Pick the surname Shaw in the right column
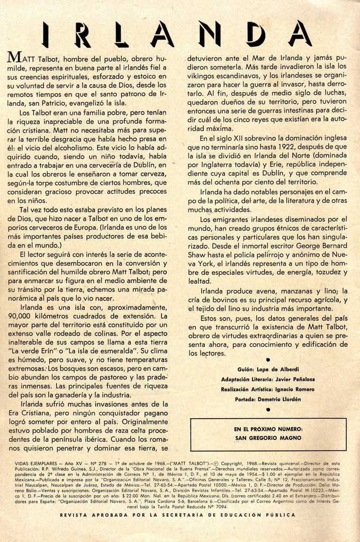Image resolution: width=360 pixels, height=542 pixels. (199, 255)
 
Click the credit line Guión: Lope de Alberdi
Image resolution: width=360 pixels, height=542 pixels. (267, 369)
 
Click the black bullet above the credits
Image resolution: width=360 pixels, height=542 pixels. (268, 359)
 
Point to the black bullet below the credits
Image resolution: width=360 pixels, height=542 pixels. (268, 409)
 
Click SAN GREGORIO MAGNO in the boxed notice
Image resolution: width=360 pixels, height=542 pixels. (268, 438)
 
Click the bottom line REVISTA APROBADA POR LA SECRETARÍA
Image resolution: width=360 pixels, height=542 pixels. (178, 514)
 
